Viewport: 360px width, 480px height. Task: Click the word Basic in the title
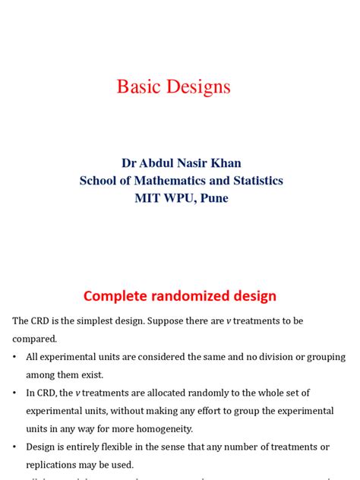click(137, 87)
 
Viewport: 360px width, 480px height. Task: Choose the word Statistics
click(257, 181)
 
